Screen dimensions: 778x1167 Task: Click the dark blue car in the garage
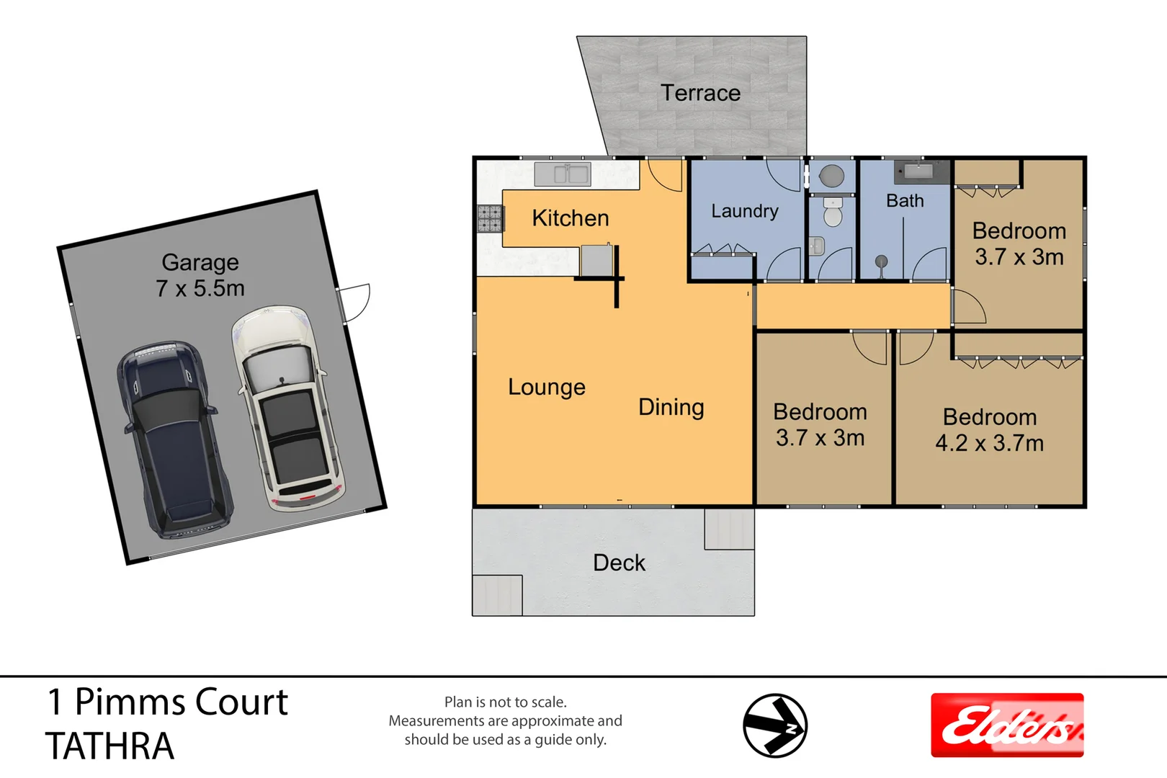[175, 439]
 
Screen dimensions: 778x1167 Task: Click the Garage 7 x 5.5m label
[200, 275]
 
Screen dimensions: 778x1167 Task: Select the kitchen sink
[563, 174]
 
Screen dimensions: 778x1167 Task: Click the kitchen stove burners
[490, 218]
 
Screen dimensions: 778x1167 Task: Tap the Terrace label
[700, 93]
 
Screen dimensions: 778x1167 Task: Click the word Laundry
[744, 211]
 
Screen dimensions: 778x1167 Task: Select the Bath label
[905, 201]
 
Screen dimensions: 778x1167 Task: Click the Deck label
[619, 563]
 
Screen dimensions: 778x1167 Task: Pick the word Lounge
[546, 387]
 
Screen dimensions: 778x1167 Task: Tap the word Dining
[671, 407]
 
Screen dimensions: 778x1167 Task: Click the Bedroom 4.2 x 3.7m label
[989, 430]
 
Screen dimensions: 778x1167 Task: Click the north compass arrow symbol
[775, 725]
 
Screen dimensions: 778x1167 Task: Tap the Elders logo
[1006, 725]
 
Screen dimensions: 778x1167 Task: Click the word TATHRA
[109, 746]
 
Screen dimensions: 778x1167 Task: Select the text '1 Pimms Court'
[167, 702]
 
